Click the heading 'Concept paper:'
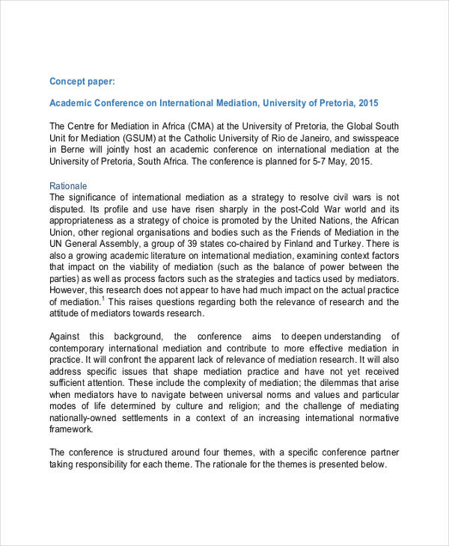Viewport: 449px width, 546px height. tap(82, 81)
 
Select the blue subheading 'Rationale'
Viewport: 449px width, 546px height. tap(69, 185)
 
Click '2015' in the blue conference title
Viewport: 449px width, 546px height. tap(368, 102)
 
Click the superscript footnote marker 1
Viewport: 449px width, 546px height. tap(102, 299)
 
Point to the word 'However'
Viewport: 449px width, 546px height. tap(68, 291)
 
